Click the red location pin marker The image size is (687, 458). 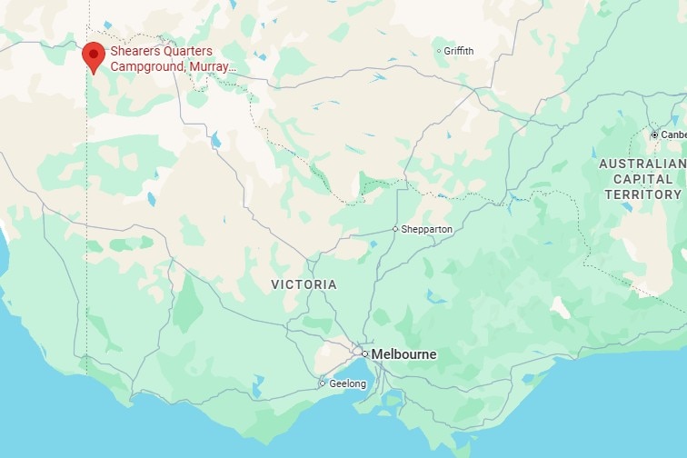pos(93,55)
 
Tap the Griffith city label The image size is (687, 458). pos(459,51)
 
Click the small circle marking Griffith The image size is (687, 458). pos(439,51)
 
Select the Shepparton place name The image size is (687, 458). pos(427,229)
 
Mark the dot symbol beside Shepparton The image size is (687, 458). pos(395,229)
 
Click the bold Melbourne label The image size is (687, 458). pos(403,354)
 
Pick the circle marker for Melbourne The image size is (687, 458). pos(363,353)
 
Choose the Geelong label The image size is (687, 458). pos(347,383)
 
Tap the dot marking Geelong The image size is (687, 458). pos(322,383)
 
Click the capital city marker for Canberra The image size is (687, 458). pos(653,134)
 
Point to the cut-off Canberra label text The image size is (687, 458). pos(673,134)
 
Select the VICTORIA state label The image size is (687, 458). pos(304,284)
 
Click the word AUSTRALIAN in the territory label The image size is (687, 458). pos(642,164)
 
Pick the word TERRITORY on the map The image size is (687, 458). pos(642,194)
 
